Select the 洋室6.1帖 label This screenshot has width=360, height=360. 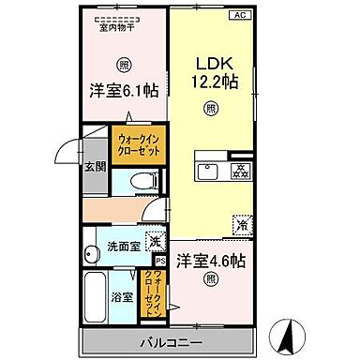tap(122, 91)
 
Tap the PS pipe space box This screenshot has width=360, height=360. tap(159, 260)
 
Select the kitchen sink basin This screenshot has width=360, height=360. tap(206, 170)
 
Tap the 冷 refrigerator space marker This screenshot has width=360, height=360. tap(242, 225)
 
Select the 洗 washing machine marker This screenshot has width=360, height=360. tap(155, 239)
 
